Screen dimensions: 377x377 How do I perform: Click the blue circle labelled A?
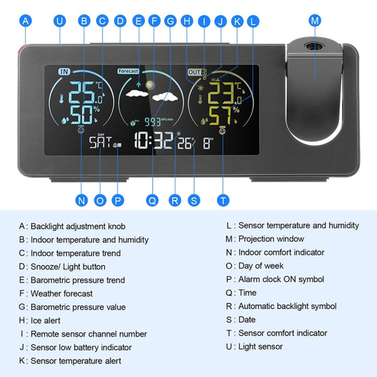[26, 21]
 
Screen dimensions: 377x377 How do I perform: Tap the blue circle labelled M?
[315, 21]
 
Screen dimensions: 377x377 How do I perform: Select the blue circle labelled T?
[224, 200]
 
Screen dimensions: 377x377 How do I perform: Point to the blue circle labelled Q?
[152, 200]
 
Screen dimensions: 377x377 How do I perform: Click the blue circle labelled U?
[59, 21]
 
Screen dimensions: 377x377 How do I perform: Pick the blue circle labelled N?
[81, 200]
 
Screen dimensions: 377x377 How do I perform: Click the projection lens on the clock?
[312, 48]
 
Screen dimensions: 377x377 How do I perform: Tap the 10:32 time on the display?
[153, 141]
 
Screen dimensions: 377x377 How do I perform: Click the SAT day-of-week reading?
[100, 142]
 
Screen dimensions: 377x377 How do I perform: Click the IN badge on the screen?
[64, 71]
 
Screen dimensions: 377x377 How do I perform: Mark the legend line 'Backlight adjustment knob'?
[82, 226]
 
